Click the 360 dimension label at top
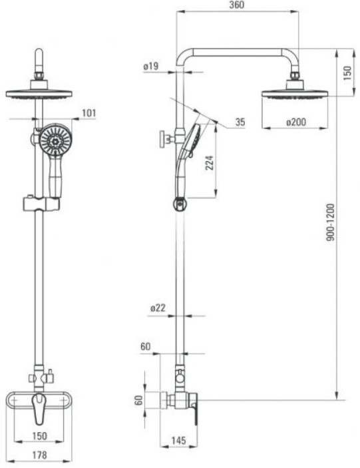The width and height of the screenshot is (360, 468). click(x=236, y=5)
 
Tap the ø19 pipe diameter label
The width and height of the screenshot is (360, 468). click(x=151, y=66)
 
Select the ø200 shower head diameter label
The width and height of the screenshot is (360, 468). click(x=296, y=122)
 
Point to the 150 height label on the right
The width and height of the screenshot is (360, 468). click(x=347, y=73)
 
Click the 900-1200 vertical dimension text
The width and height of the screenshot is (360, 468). click(x=331, y=222)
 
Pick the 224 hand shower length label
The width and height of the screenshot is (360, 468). click(x=210, y=162)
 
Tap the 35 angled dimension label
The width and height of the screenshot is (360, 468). click(x=240, y=122)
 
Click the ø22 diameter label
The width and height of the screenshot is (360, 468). click(x=158, y=308)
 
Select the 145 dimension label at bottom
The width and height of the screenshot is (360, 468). click(x=178, y=440)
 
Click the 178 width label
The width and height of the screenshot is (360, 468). click(x=39, y=455)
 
